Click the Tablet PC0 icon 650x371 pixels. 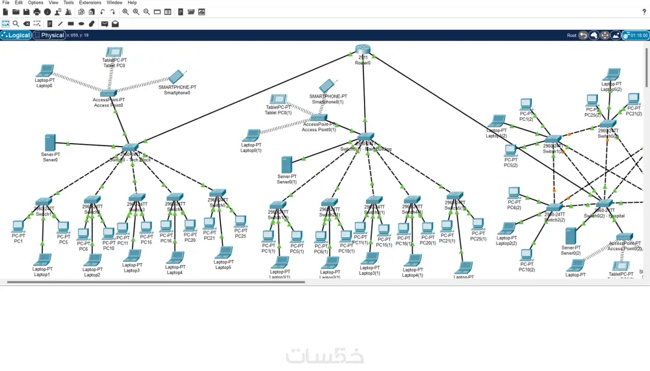point(114,53)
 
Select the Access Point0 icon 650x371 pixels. point(108,94)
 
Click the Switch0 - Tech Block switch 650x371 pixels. point(131,148)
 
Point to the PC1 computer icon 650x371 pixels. point(18,227)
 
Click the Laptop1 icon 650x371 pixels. point(42,260)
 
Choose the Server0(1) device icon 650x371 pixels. point(287,165)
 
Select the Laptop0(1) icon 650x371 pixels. point(251,136)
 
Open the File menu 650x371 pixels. point(6,3)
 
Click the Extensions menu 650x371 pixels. point(90,3)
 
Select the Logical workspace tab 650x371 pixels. point(16,35)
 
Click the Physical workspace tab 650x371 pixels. point(49,35)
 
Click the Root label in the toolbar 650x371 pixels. point(571,36)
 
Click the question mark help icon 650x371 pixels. point(643,12)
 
